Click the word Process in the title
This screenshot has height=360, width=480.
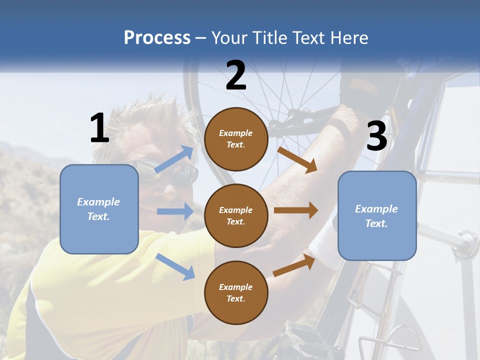157,38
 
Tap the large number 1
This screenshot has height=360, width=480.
99,128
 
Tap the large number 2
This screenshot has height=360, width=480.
236,75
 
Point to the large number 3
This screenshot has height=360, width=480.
377,136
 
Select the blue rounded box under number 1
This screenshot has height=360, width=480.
99,209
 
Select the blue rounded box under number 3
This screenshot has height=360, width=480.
377,215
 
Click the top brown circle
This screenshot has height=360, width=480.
236,139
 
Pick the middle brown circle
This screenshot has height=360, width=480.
236,215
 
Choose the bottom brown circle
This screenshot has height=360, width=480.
236,292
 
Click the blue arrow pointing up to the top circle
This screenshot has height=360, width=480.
174,159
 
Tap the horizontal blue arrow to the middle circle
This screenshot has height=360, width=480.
174,211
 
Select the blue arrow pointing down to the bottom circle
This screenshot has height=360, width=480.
175,266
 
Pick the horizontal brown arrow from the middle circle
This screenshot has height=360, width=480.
295,210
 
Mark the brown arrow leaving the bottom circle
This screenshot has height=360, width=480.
294,265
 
